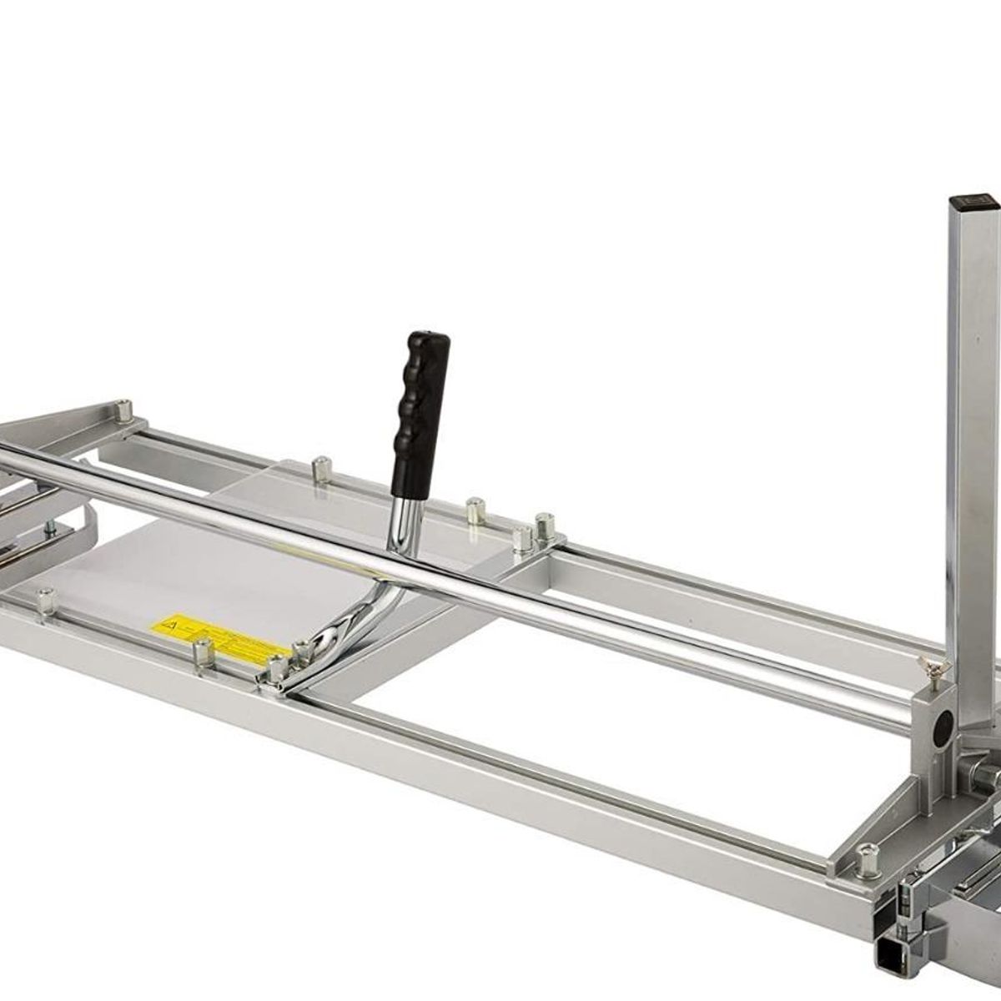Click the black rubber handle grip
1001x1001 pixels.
click(422, 392)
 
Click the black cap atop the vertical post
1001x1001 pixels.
click(973, 201)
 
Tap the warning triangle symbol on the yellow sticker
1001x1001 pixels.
click(168, 621)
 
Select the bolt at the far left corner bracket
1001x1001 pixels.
click(125, 411)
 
